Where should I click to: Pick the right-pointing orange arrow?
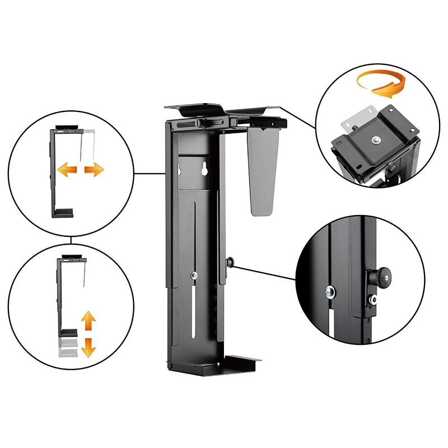94,170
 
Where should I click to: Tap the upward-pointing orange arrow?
88,322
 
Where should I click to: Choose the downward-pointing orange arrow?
88,347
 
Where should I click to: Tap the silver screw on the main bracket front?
194,275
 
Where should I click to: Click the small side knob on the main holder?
230,261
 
